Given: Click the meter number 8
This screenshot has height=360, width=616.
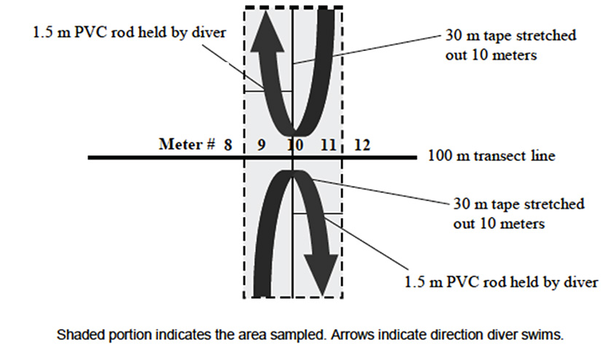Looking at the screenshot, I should (227, 145).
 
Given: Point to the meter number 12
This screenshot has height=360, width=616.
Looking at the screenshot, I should (362, 145).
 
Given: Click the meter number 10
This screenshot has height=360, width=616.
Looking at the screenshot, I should (295, 145).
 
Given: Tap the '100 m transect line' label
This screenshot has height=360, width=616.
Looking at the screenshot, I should (491, 156).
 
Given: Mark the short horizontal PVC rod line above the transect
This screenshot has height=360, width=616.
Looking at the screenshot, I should (268, 91).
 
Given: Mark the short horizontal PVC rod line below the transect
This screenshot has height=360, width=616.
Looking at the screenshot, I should (317, 213).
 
